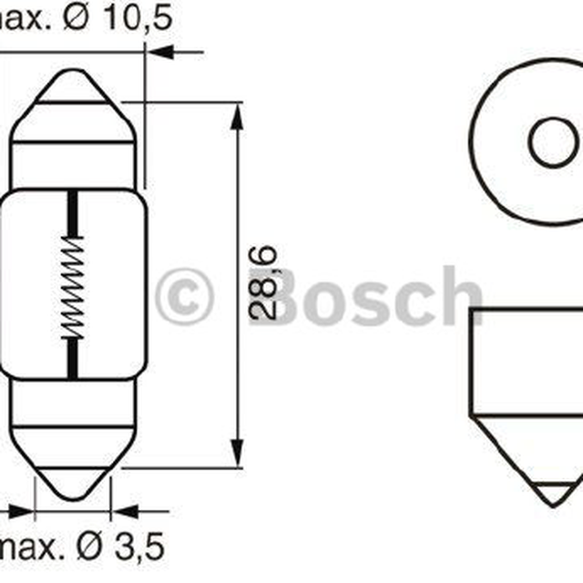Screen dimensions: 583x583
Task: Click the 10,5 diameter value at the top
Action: click(x=138, y=17)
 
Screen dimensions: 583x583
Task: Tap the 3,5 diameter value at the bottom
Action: click(x=139, y=547)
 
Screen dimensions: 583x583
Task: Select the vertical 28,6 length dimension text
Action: click(x=263, y=283)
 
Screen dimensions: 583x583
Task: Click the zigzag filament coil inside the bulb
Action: click(x=73, y=287)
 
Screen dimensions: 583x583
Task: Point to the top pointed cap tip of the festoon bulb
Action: click(x=73, y=71)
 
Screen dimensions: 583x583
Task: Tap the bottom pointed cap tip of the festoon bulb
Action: click(x=73, y=498)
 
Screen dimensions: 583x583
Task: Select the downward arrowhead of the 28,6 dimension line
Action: click(x=237, y=454)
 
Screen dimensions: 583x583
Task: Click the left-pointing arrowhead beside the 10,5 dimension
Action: click(x=160, y=52)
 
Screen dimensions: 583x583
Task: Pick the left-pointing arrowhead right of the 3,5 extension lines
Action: click(x=125, y=511)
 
